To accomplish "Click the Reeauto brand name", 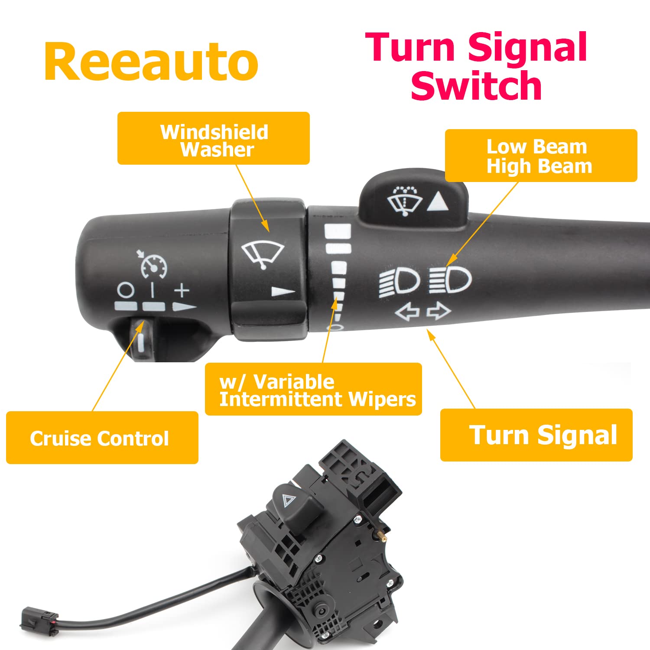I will tap(151, 62).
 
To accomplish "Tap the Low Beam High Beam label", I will tap(540, 156).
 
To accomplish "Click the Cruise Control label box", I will tap(102, 438).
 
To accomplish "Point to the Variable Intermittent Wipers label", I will tap(313, 389).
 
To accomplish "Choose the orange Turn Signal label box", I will tap(536, 435).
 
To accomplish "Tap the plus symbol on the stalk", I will tap(182, 290).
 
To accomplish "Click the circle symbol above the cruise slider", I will tap(126, 290).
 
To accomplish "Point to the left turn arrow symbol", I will tap(407, 312).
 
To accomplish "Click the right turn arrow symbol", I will tap(439, 311).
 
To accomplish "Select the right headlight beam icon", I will tap(450, 279).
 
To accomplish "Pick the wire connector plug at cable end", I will tap(39, 619).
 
